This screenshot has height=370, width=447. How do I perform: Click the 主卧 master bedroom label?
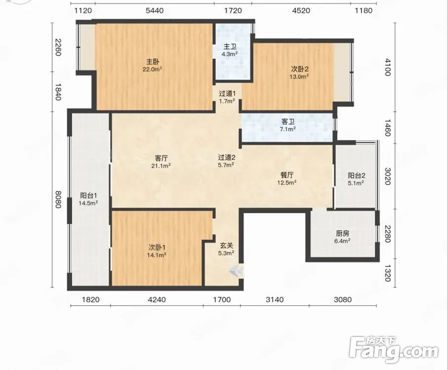click(x=153, y=62)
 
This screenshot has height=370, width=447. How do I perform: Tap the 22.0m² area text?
click(x=153, y=69)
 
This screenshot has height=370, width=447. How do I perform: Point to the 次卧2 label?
click(x=300, y=69)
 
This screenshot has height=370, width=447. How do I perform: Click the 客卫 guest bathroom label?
click(x=287, y=122)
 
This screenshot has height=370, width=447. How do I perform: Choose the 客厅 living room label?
click(x=161, y=158)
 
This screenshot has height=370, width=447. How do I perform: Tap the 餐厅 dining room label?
click(x=287, y=175)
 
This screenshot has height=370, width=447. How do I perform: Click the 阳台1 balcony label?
click(x=88, y=196)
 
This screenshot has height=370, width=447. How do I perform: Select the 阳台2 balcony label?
click(x=356, y=176)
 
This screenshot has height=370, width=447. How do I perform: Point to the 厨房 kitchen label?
click(x=342, y=233)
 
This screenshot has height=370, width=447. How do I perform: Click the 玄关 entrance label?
click(x=227, y=245)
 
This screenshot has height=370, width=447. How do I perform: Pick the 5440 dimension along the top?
click(x=155, y=11)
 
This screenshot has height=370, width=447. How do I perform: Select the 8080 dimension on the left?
click(x=58, y=199)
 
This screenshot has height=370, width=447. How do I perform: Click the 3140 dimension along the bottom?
click(x=275, y=299)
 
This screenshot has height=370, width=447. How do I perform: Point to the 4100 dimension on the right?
click(x=387, y=67)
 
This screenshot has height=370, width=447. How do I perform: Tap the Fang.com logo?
click(x=394, y=349)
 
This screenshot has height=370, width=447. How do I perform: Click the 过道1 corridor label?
click(x=227, y=93)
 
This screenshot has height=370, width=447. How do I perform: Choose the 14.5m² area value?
click(x=88, y=203)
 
